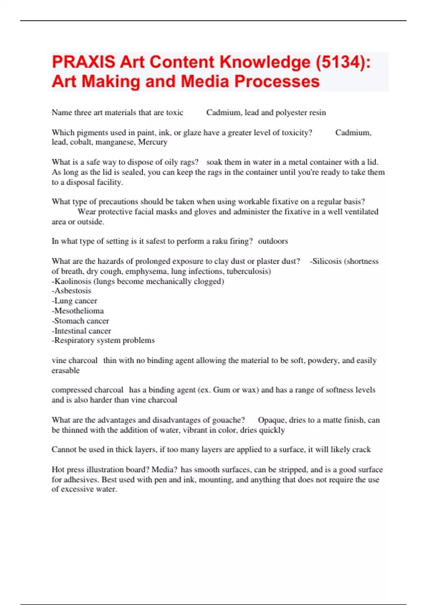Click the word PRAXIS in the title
(84, 62)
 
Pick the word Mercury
(153, 142)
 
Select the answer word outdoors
(273, 241)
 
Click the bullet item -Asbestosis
(72, 291)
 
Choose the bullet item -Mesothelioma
(78, 311)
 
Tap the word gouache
(227, 420)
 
